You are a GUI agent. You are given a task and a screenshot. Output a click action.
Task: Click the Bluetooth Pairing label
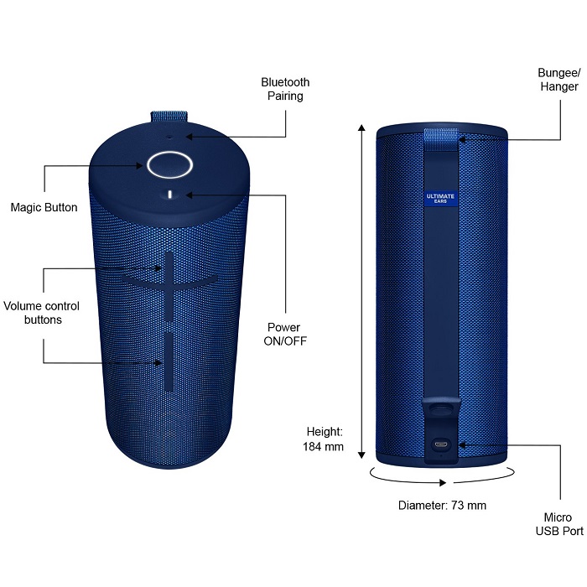tap(285, 89)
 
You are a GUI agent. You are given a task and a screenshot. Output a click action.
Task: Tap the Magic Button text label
tap(44, 207)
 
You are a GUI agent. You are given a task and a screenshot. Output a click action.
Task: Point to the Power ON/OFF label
tap(283, 334)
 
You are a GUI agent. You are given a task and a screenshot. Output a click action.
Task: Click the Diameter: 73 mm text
tap(442, 505)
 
